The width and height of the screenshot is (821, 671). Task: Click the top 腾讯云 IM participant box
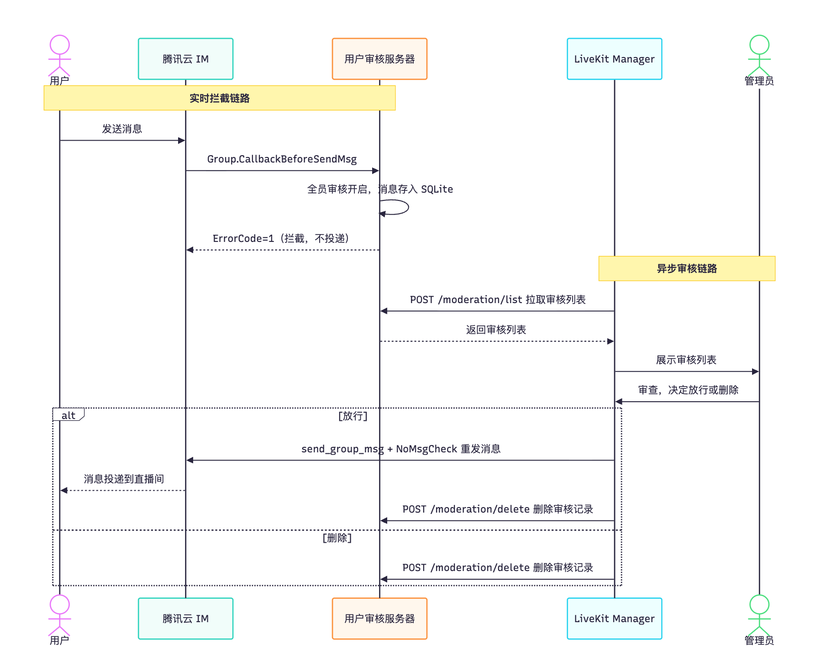[185, 59]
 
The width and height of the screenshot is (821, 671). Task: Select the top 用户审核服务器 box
[379, 59]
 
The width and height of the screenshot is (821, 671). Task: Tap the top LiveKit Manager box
[614, 59]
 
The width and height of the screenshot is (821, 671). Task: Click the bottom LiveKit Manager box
[614, 619]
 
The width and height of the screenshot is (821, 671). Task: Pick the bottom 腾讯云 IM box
[185, 619]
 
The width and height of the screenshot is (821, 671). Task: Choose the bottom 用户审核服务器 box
[379, 619]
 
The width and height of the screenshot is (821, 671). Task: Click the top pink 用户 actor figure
[59, 56]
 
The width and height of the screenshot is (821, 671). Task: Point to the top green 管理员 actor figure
[759, 56]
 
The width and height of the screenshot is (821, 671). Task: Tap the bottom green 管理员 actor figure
[759, 615]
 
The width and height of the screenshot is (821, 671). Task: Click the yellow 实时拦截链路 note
[220, 98]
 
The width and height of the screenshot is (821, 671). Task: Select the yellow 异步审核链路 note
[687, 268]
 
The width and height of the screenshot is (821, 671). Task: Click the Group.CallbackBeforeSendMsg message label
[282, 159]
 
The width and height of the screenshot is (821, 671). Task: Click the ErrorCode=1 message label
[281, 238]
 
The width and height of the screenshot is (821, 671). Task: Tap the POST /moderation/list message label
[498, 299]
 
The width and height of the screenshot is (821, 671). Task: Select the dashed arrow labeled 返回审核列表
[497, 341]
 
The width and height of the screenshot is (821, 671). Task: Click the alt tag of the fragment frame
[68, 415]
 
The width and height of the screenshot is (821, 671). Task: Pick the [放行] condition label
[353, 416]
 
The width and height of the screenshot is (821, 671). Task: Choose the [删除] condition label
[337, 538]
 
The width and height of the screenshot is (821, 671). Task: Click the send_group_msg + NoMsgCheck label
[401, 449]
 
